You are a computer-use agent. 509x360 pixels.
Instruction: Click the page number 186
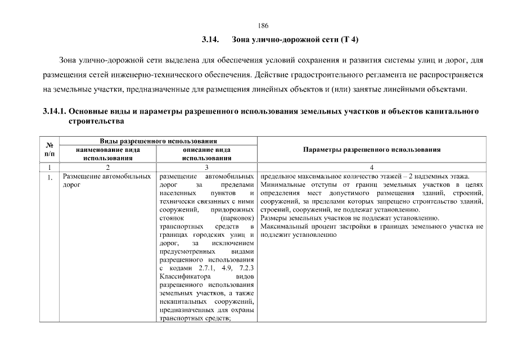263,26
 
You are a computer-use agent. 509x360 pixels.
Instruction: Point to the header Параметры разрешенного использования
371,150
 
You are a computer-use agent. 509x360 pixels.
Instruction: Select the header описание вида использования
206,154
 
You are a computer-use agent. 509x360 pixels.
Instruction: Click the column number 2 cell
107,168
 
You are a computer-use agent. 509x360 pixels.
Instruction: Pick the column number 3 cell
206,168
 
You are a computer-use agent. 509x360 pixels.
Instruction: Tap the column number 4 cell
371,168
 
